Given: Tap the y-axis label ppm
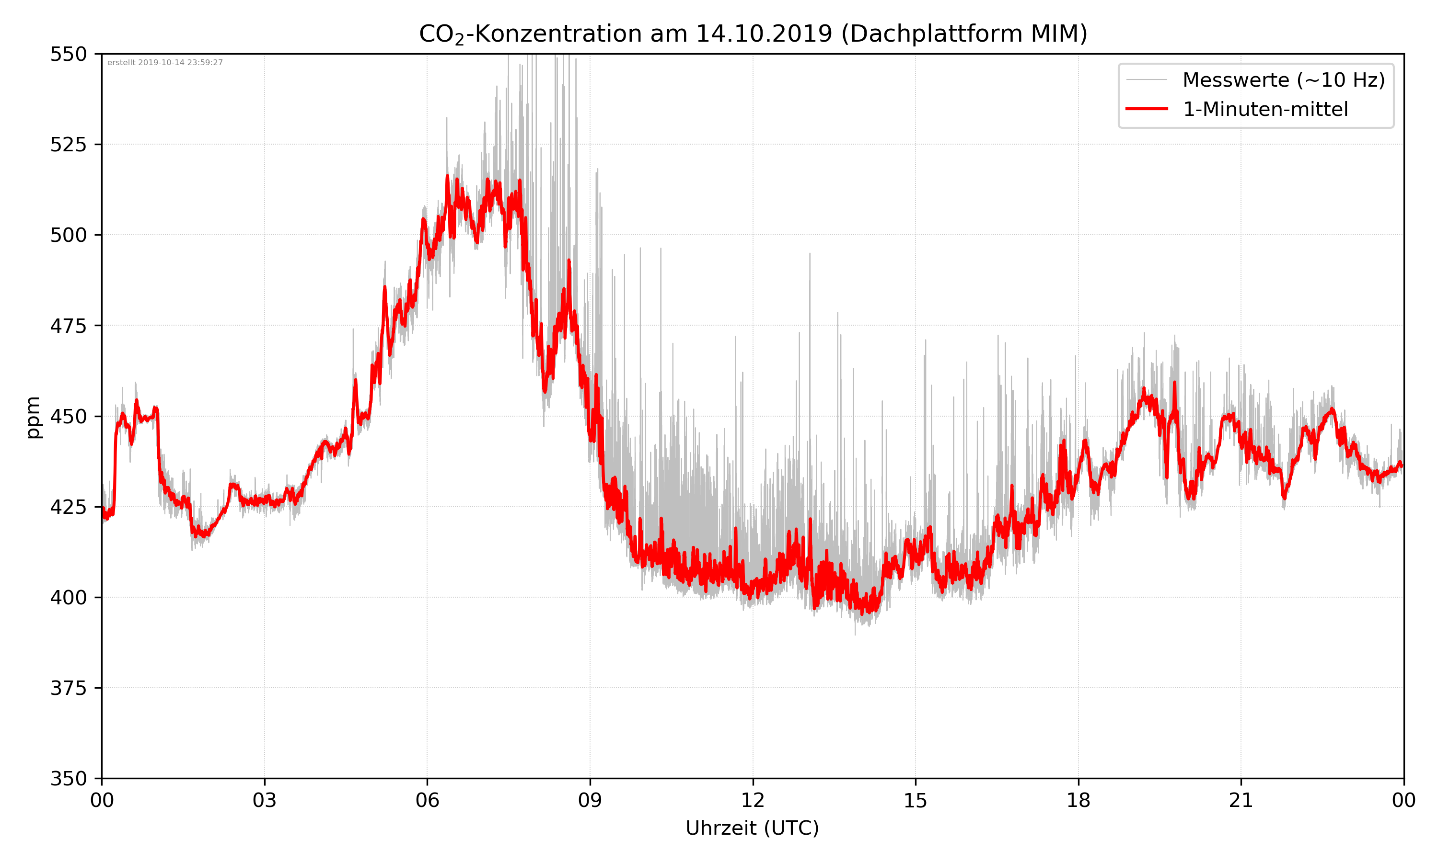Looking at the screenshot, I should tap(33, 417).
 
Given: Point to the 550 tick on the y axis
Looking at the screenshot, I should tap(68, 54).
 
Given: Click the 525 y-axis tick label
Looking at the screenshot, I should tap(68, 145).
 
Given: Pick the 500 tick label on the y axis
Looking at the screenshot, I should tap(68, 235).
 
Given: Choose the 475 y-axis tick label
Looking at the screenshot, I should tap(68, 326).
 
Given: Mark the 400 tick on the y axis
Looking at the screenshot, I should tap(68, 598).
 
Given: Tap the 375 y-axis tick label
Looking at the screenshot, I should tap(68, 688).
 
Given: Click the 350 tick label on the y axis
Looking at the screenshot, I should tap(68, 779).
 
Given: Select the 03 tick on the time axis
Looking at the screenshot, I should tap(265, 800).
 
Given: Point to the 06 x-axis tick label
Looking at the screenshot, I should tap(427, 800).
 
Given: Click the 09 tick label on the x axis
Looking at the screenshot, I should tap(590, 800).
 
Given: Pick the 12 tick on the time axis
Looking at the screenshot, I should tap(753, 800).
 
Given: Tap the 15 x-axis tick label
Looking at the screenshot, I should tap(916, 800).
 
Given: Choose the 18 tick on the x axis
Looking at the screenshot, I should tap(1078, 800).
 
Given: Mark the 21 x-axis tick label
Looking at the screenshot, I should tap(1241, 800).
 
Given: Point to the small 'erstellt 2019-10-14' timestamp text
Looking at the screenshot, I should tap(165, 63).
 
